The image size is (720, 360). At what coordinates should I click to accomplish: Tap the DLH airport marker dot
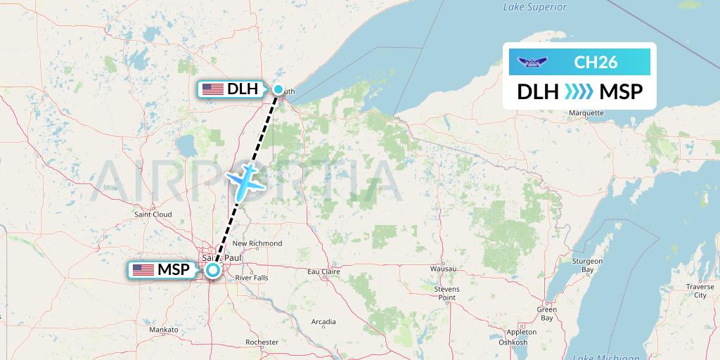point(279,89)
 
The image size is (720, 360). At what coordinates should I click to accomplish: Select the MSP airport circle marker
point(212,270)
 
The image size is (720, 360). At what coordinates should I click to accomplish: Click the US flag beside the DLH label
point(212,89)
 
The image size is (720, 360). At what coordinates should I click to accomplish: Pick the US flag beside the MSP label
point(143,270)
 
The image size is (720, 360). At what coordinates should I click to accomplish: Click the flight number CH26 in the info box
point(596,62)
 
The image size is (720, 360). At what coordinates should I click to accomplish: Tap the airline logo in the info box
point(531,62)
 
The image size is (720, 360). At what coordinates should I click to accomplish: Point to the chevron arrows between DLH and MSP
point(579,91)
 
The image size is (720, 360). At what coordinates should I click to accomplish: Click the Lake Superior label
point(535,7)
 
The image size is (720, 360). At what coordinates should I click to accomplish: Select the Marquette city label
point(586,113)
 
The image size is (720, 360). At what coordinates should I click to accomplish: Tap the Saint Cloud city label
point(153,214)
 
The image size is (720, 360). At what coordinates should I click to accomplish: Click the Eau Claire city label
point(324,271)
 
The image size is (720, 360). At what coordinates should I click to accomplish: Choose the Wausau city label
point(443,269)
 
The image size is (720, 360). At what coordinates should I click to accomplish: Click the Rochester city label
point(262,342)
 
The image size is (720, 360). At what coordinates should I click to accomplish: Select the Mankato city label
point(164,329)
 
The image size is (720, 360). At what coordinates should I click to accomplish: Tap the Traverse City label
point(700,291)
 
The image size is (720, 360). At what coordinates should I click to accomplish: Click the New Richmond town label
point(257,244)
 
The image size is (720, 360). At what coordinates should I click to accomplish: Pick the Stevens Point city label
point(446,293)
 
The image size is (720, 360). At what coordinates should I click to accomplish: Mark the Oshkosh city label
point(513,342)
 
